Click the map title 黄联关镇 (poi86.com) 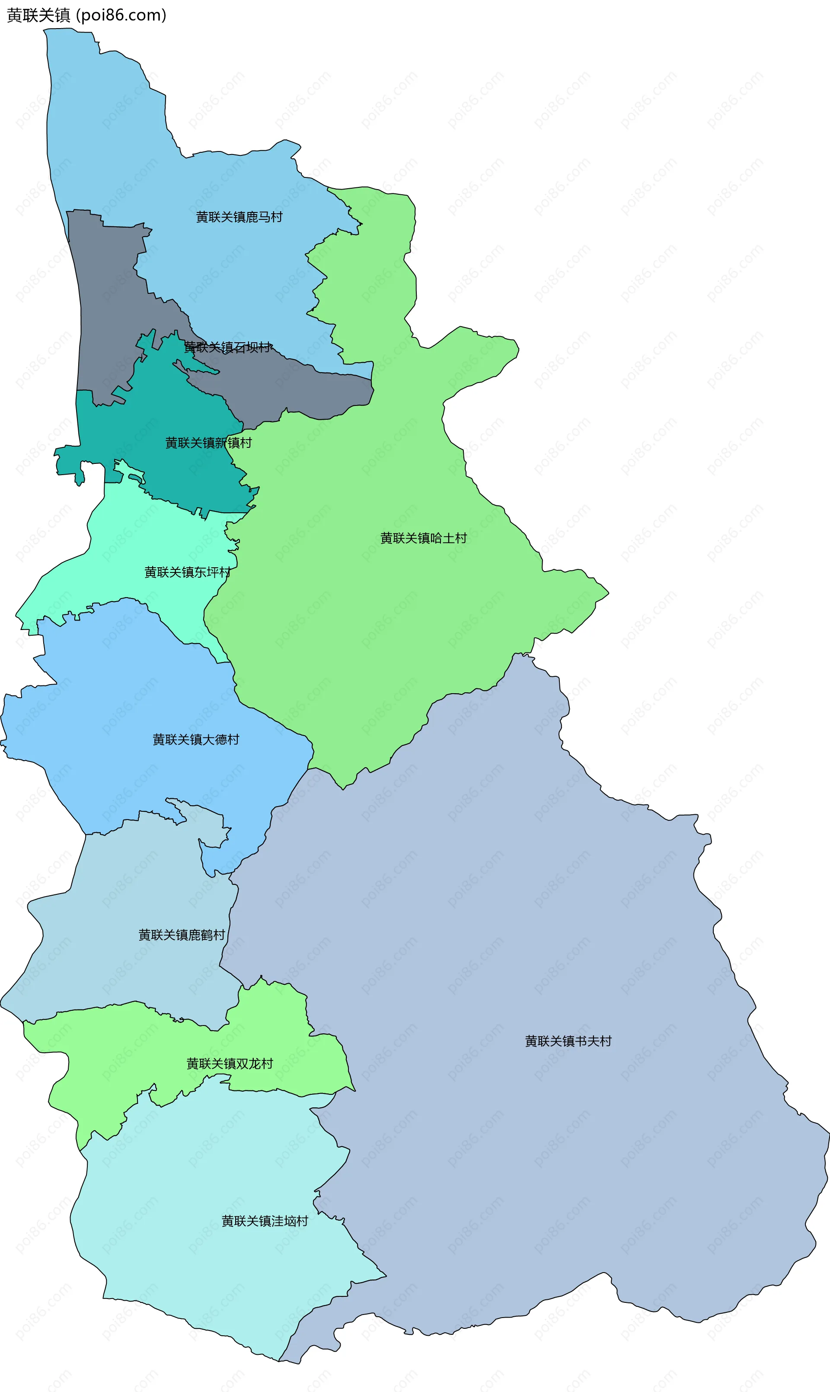[x=87, y=15]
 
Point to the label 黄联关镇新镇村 [x=208, y=443]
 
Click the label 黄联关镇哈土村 [x=423, y=538]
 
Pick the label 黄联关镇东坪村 [x=187, y=572]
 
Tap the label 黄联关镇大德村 [x=196, y=739]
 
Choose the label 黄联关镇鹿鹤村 [x=182, y=935]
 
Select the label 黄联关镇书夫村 [x=568, y=1041]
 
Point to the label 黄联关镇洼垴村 [x=265, y=1221]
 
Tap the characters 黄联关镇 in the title [x=38, y=15]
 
